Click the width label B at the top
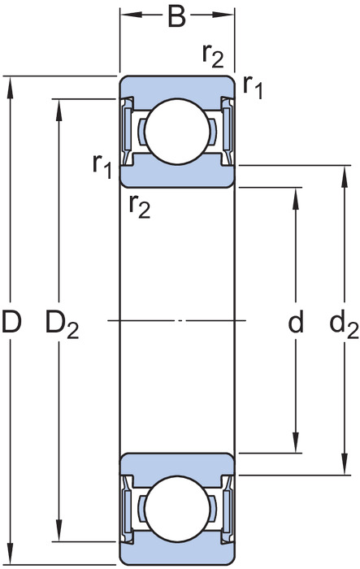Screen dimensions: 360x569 click(x=176, y=17)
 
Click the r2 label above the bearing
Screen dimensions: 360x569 click(x=213, y=56)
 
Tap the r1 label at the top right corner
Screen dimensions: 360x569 click(x=253, y=87)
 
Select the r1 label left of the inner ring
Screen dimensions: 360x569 click(x=102, y=167)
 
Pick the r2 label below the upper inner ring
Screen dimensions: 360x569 click(x=139, y=206)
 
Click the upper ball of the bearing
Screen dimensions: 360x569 click(x=177, y=131)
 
